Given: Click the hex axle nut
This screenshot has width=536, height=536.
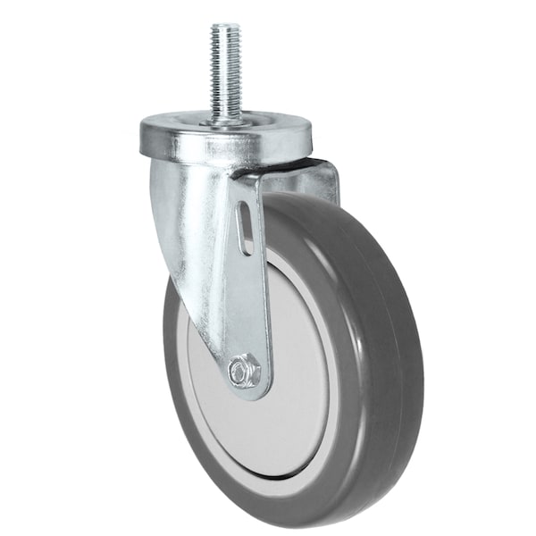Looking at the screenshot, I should pos(244,371).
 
